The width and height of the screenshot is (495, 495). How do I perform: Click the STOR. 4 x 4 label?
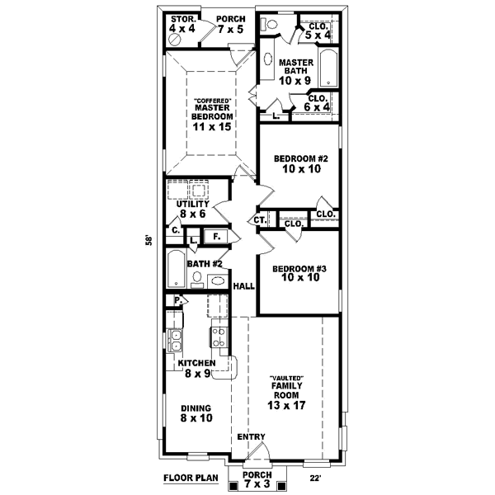pos(181,23)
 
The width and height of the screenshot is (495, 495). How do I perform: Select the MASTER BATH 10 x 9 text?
pos(293,72)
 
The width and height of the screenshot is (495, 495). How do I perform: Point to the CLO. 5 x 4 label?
pos(318,31)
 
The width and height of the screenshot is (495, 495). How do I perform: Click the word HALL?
pos(243,286)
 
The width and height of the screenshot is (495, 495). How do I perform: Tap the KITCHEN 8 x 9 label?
pos(196,368)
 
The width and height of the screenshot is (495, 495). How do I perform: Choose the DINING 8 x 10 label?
pos(196,413)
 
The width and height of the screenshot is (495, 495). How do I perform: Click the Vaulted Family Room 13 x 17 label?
pos(287,394)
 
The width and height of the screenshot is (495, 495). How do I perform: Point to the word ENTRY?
pos(251,437)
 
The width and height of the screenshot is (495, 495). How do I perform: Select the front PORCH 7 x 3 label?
pos(259,480)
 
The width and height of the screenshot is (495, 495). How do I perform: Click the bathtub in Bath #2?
pos(176,269)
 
